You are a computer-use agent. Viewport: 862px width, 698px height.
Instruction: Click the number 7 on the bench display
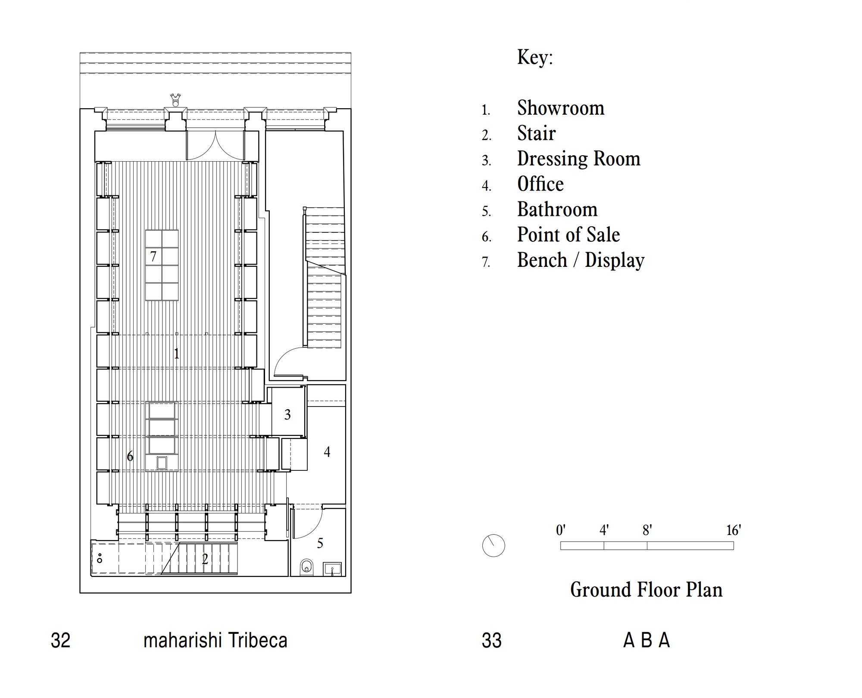click(x=153, y=257)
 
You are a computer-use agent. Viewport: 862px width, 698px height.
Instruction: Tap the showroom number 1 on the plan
click(x=176, y=354)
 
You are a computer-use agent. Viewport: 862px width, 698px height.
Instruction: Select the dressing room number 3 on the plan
click(x=287, y=415)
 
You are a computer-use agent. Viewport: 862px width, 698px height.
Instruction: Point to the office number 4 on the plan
click(x=327, y=452)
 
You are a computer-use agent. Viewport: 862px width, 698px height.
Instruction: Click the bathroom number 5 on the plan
click(x=320, y=543)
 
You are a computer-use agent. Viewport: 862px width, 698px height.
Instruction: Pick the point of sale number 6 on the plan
click(x=130, y=456)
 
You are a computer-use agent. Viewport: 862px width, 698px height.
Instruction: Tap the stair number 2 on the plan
click(x=205, y=559)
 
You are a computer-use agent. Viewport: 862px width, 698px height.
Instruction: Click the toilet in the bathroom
click(x=306, y=567)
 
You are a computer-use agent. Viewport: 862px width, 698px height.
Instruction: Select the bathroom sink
click(x=332, y=569)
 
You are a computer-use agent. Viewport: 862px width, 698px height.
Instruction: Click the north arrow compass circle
click(x=493, y=546)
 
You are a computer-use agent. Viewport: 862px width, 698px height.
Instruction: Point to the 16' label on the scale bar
click(x=734, y=530)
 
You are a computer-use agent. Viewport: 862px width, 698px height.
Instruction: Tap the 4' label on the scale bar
click(x=604, y=530)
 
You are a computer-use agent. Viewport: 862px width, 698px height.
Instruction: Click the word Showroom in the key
click(x=561, y=108)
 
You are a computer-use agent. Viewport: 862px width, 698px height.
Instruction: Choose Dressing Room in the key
click(x=578, y=159)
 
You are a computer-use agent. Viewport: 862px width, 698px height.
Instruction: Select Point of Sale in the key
click(x=568, y=235)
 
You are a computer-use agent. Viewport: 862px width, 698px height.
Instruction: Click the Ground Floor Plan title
click(x=646, y=590)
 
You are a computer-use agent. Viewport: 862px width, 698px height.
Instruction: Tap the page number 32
click(x=60, y=641)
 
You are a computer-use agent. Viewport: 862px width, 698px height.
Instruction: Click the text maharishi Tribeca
click(x=215, y=641)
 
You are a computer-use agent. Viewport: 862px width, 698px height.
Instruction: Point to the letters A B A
click(x=646, y=641)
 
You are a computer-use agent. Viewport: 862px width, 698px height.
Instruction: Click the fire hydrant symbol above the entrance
click(x=175, y=100)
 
